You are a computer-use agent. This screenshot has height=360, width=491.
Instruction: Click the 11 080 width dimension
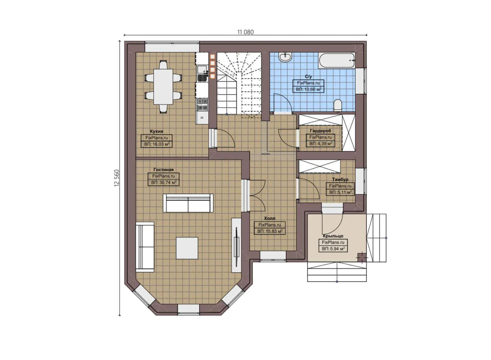pyautogui.click(x=245, y=32)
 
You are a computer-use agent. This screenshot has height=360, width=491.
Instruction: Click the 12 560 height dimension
pyautogui.click(x=117, y=178)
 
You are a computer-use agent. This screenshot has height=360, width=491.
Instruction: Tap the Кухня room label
pyautogui.click(x=156, y=131)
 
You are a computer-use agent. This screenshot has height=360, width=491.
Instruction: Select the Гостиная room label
pyautogui.click(x=163, y=170)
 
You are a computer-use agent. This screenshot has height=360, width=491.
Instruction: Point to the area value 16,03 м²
pyautogui.click(x=157, y=144)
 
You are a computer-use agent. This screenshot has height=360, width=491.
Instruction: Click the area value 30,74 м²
pyautogui.click(x=163, y=183)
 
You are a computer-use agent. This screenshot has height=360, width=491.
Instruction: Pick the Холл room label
pyautogui.click(x=269, y=218)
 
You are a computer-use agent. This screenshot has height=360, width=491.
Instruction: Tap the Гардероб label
pyautogui.click(x=320, y=131)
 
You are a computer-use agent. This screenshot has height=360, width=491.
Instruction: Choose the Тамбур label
pyautogui.click(x=340, y=179)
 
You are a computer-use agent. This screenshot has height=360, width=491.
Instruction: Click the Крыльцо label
pyautogui.click(x=333, y=236)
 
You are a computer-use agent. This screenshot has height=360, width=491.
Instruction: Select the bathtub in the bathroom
pyautogui.click(x=337, y=60)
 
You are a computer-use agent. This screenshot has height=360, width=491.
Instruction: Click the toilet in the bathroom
pyautogui.click(x=338, y=105)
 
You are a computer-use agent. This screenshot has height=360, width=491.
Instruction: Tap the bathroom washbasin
pyautogui.click(x=285, y=57)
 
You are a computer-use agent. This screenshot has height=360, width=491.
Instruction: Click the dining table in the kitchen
pyautogui.click(x=163, y=87)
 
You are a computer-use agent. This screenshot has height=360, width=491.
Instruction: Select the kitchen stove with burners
pyautogui.click(x=202, y=104)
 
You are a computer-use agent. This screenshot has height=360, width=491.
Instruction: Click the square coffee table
pyautogui.click(x=187, y=248)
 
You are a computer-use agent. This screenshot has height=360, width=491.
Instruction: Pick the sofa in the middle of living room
pyautogui.click(x=188, y=203)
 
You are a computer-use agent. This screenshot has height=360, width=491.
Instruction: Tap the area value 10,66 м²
pyautogui.click(x=308, y=89)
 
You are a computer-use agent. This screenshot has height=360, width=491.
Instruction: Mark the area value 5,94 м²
pyautogui.click(x=333, y=249)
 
